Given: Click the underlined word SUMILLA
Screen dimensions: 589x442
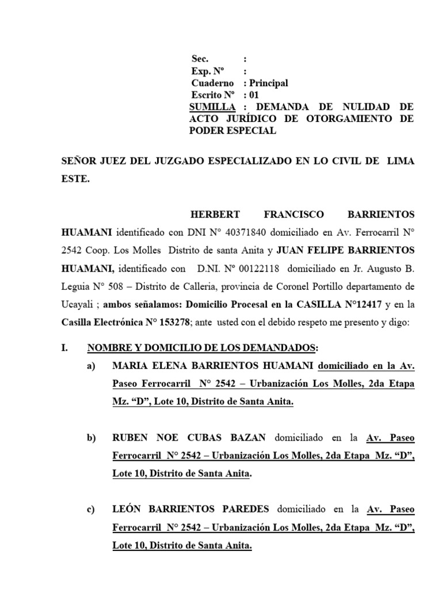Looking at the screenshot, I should pos(212,107).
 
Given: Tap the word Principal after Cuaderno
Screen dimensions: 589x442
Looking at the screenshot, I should pos(268,83).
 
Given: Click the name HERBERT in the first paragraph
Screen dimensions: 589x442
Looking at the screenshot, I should pos(215,215).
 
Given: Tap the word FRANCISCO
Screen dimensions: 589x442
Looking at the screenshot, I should pos(294,215).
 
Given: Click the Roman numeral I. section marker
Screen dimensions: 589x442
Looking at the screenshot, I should pos(65,349).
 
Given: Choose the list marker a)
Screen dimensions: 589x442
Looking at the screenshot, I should pos(92,366).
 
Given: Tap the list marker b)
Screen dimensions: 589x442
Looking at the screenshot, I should pos(92,438).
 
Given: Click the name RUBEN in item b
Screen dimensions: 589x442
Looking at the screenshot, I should pos(129,438).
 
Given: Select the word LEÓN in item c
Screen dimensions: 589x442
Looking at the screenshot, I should pos(128,510).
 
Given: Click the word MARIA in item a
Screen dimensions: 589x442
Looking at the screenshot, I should pos(129,366).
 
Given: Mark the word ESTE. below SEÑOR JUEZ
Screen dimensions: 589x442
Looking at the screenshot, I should pos(75,179).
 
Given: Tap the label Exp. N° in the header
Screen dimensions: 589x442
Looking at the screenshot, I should pos(208,71).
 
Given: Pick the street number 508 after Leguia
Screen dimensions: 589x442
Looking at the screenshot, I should pos(127,287).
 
